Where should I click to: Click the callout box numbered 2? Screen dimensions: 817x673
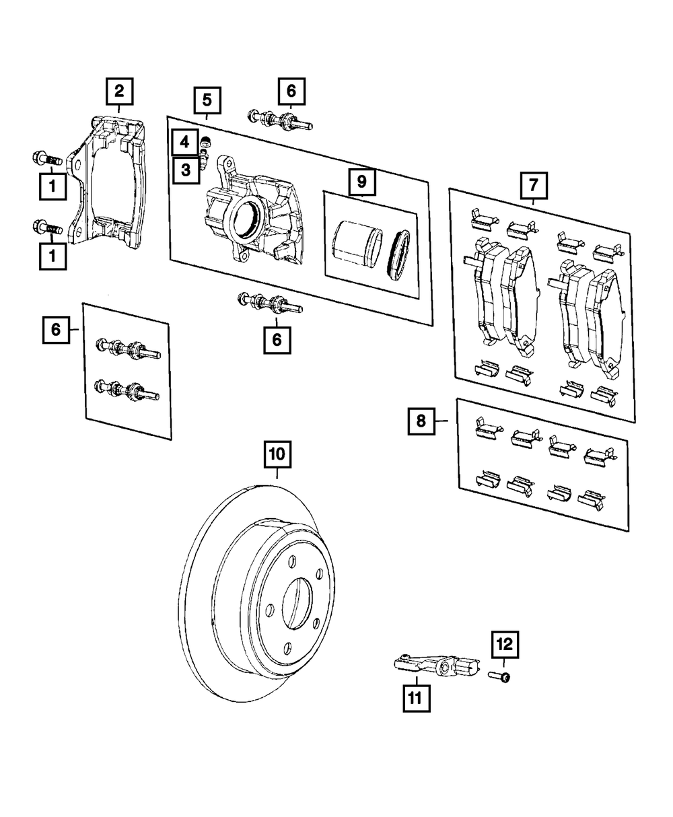[118, 90]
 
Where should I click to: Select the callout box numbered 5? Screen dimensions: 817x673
[207, 100]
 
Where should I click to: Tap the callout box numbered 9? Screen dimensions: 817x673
[361, 180]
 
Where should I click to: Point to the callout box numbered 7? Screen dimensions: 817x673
[533, 184]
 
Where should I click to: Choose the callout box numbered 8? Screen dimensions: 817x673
[421, 421]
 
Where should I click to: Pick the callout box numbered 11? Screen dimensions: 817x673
[416, 698]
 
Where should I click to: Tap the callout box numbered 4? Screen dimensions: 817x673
[184, 143]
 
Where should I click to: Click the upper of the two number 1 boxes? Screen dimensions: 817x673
[52, 186]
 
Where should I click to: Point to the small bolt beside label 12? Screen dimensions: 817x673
[499, 675]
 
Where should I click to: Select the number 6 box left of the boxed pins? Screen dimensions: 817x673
[55, 330]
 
